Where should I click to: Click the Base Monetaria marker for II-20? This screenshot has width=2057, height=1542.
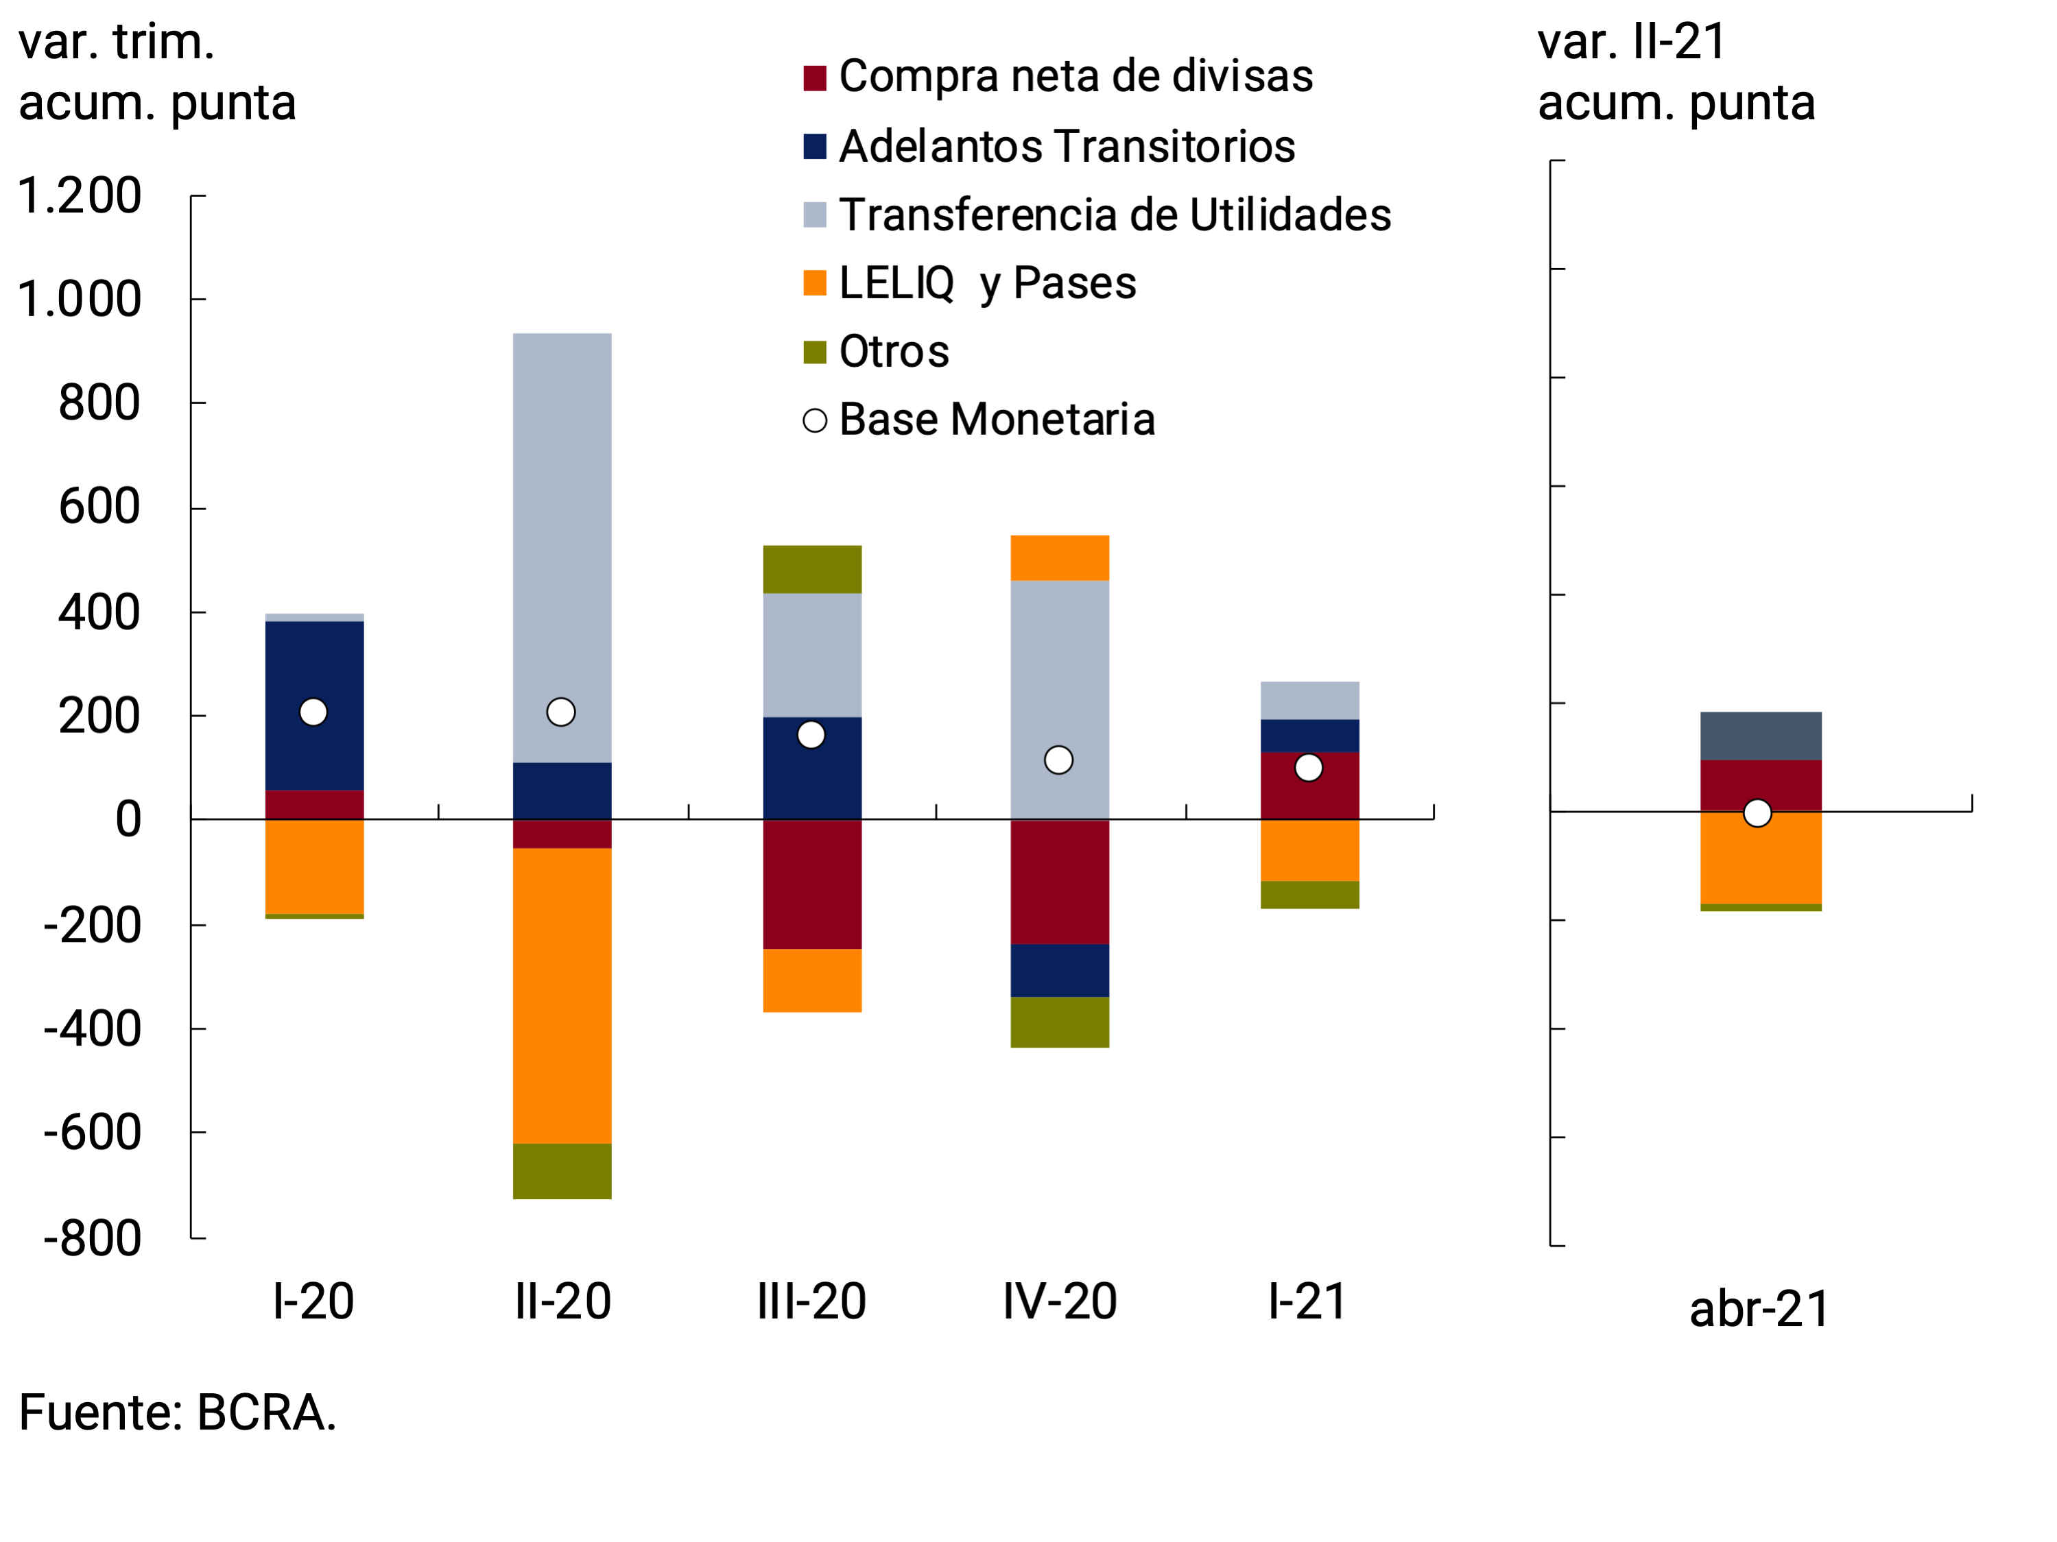tap(561, 712)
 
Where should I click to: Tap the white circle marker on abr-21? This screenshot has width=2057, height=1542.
tap(1757, 813)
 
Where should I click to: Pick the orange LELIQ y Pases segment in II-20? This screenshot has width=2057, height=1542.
tap(562, 996)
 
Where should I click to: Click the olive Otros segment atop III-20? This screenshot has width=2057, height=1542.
tap(812, 569)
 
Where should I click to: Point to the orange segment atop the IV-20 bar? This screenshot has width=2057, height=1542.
tap(1059, 557)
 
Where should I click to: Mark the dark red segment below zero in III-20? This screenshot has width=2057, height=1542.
tap(812, 884)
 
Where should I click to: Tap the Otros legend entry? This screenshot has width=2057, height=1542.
tap(893, 351)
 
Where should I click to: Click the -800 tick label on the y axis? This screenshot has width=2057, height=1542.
tap(92, 1239)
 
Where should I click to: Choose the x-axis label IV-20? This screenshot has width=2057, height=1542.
tap(1059, 1301)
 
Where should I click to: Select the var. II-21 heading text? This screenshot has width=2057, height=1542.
tap(1632, 42)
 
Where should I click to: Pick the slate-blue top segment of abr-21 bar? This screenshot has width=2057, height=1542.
tap(1761, 736)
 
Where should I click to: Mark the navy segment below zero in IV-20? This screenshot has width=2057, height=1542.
tap(1059, 970)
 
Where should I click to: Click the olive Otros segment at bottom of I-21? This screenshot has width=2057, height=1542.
tap(1309, 894)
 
